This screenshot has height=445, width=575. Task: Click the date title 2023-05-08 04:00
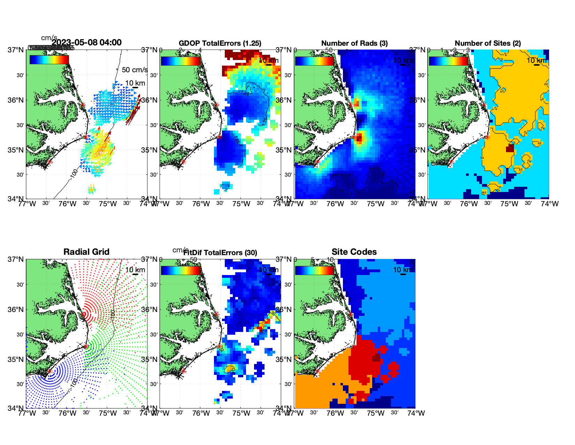[86, 43]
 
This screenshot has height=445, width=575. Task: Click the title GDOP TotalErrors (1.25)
[220, 43]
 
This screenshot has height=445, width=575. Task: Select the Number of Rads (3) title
[354, 43]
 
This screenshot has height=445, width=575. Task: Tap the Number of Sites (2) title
[488, 43]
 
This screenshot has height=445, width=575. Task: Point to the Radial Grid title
[86, 252]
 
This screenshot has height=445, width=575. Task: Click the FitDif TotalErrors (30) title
[220, 253]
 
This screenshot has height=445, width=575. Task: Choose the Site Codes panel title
[354, 252]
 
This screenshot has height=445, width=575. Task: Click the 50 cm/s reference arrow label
[135, 70]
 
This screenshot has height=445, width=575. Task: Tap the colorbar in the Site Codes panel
[314, 270]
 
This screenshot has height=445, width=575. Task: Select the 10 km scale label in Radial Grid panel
[135, 270]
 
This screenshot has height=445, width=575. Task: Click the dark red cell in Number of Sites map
[510, 148]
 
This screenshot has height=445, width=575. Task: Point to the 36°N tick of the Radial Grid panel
[16, 310]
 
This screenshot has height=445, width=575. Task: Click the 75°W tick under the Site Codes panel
[376, 413]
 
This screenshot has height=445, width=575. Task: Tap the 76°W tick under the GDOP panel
[201, 204]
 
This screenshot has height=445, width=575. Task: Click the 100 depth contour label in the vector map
[74, 173]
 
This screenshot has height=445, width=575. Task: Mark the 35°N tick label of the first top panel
[16, 150]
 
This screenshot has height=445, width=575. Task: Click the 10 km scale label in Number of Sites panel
[537, 60]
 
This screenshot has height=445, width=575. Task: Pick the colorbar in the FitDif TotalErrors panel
[181, 270]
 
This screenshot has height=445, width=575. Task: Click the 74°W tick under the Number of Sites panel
[550, 204]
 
